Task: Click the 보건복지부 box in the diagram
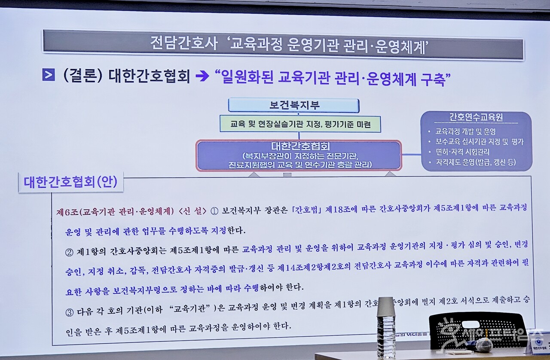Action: point(293,105)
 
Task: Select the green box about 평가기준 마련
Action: point(300,124)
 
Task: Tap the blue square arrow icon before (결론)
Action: point(49,75)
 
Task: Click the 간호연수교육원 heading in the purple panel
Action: point(476,117)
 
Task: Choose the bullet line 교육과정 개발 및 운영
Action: point(465,132)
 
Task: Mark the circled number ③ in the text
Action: point(69,312)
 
